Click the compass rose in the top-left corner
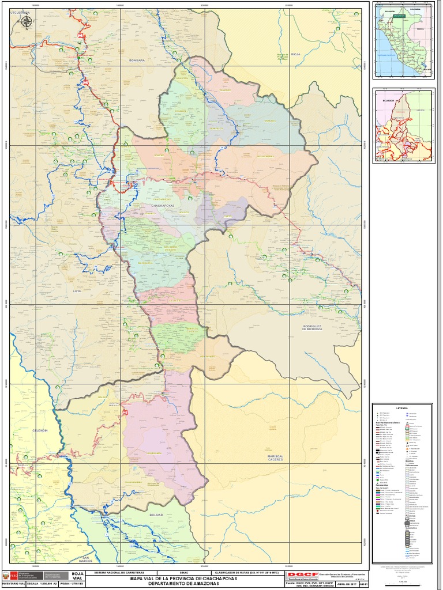pos(27,22)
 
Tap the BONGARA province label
pos(137,60)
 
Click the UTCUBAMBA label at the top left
pos(20,12)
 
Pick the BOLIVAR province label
pos(156,515)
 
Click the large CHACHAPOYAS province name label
pos(167,205)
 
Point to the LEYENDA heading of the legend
pos(402,407)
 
